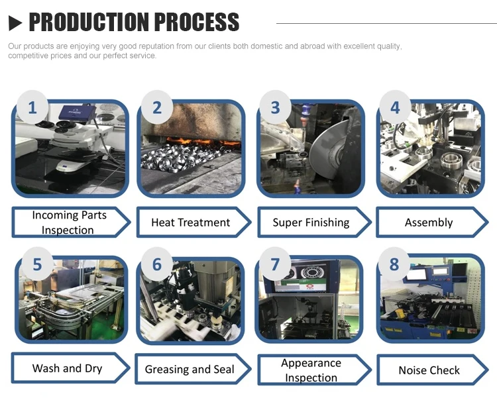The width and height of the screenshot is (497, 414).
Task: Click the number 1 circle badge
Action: (x=32, y=107)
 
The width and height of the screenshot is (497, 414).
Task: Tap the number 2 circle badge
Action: (x=157, y=107)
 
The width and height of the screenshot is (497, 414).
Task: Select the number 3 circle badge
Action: (x=276, y=107)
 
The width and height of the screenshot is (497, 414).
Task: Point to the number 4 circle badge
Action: (x=396, y=107)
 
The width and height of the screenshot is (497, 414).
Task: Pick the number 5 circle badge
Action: (x=37, y=265)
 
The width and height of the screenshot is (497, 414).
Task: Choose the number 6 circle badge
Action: (x=157, y=265)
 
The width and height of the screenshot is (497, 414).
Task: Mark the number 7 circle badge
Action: (x=276, y=265)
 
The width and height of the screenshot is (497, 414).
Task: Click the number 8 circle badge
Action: (x=395, y=265)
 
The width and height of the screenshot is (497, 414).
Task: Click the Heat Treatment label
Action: (x=191, y=223)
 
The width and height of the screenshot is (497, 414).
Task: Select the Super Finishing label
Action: (x=311, y=223)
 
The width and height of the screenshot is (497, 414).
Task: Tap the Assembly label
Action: (x=429, y=223)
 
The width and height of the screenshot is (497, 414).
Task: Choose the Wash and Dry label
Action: (x=68, y=368)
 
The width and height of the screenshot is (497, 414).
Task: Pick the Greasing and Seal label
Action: (x=190, y=370)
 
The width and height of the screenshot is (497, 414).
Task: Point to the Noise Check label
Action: (x=429, y=370)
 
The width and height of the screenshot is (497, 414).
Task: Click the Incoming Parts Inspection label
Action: (x=68, y=223)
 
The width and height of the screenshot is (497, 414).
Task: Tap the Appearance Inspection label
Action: (x=311, y=370)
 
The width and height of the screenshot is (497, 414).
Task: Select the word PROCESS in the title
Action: (x=196, y=23)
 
